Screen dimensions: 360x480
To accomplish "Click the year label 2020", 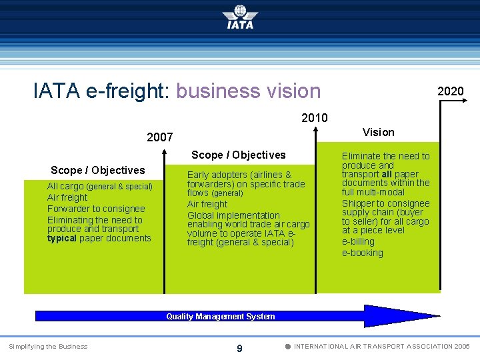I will pos(450,91).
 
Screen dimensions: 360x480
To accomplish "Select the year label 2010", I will pos(314,118).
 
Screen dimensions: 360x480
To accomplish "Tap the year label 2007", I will pos(160,137).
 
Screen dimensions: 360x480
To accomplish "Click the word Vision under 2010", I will pos(378,132).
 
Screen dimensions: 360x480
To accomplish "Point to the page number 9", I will pos(239,348).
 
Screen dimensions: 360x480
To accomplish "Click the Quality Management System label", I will pos(220,317).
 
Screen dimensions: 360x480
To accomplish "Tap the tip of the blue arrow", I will pos(438,317).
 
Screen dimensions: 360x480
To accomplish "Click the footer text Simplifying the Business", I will pos(48,346).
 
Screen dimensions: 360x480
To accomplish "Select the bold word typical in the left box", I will pos(62,238).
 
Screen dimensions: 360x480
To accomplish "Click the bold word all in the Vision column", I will pos(386,174).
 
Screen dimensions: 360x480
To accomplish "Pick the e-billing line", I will pos(358,242).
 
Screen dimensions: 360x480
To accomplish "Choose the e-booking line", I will pos(362,253).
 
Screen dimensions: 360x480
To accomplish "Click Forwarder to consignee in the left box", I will pos(96,209).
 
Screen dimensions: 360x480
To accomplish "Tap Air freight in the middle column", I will pos(207,205).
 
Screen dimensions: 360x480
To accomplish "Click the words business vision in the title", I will pos(249,91).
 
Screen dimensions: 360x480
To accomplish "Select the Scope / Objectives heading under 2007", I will pos(97,170).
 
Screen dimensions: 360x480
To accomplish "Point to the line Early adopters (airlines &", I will pos(239,175).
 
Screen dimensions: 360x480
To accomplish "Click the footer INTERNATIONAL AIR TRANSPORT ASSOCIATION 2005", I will pos(381,346).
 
